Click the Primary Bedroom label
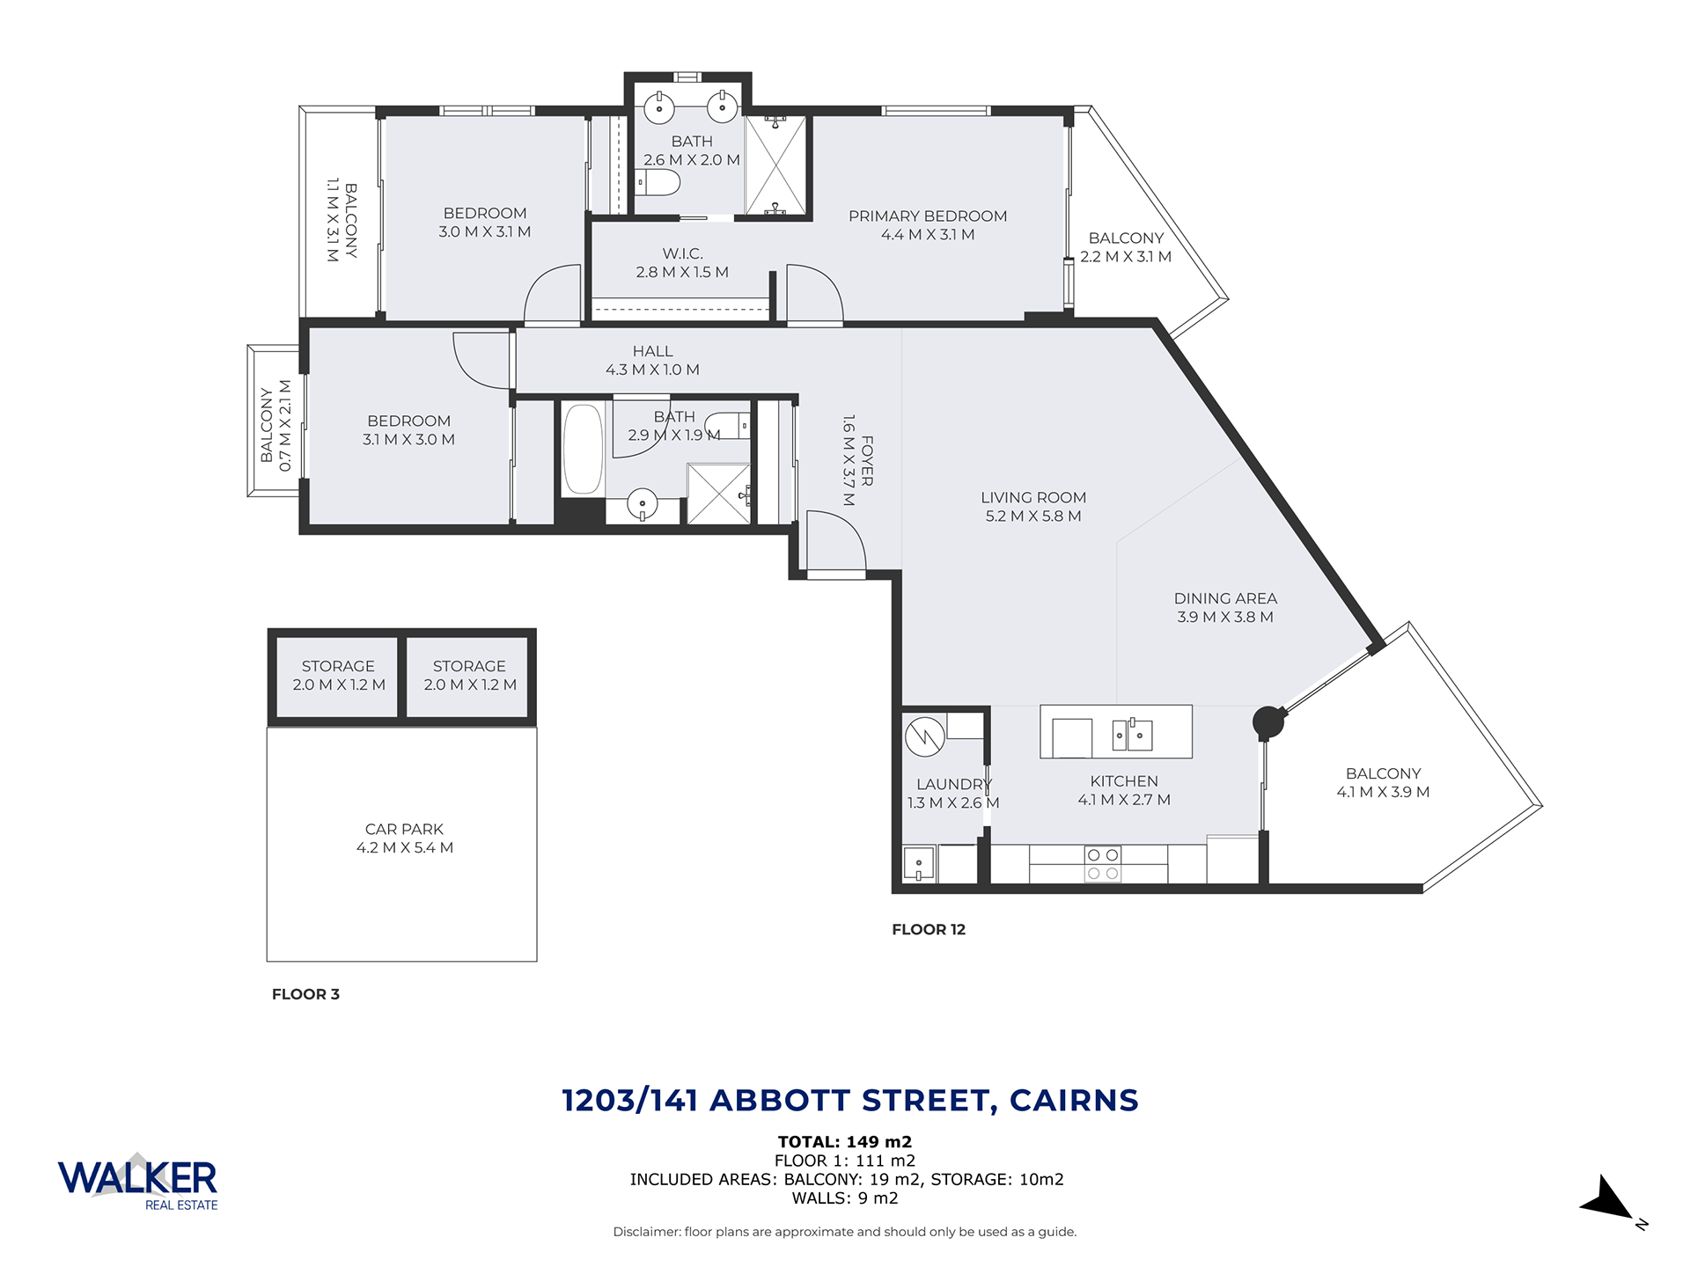click(928, 216)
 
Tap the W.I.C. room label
click(683, 253)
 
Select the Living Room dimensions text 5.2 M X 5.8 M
click(1033, 516)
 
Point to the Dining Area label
click(1225, 598)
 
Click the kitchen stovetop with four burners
click(1103, 864)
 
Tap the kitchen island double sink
click(1132, 734)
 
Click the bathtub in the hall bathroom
click(582, 449)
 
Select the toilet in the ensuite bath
click(658, 184)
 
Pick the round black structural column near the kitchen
click(1268, 722)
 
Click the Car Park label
click(404, 830)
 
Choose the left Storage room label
click(338, 667)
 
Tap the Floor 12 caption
click(929, 930)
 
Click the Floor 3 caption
click(305, 995)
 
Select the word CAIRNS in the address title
click(1074, 1101)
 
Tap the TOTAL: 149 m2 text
click(845, 1143)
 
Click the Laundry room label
click(954, 785)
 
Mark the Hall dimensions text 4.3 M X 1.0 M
click(652, 370)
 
